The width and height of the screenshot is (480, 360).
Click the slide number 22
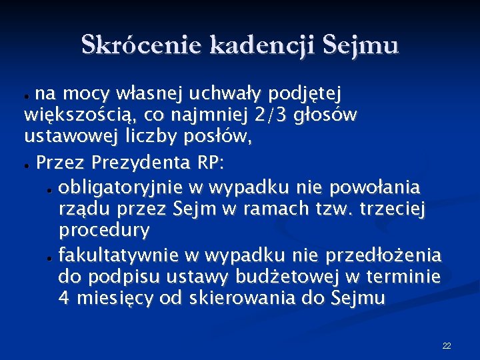click(446, 346)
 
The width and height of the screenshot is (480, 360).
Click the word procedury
click(104, 231)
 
